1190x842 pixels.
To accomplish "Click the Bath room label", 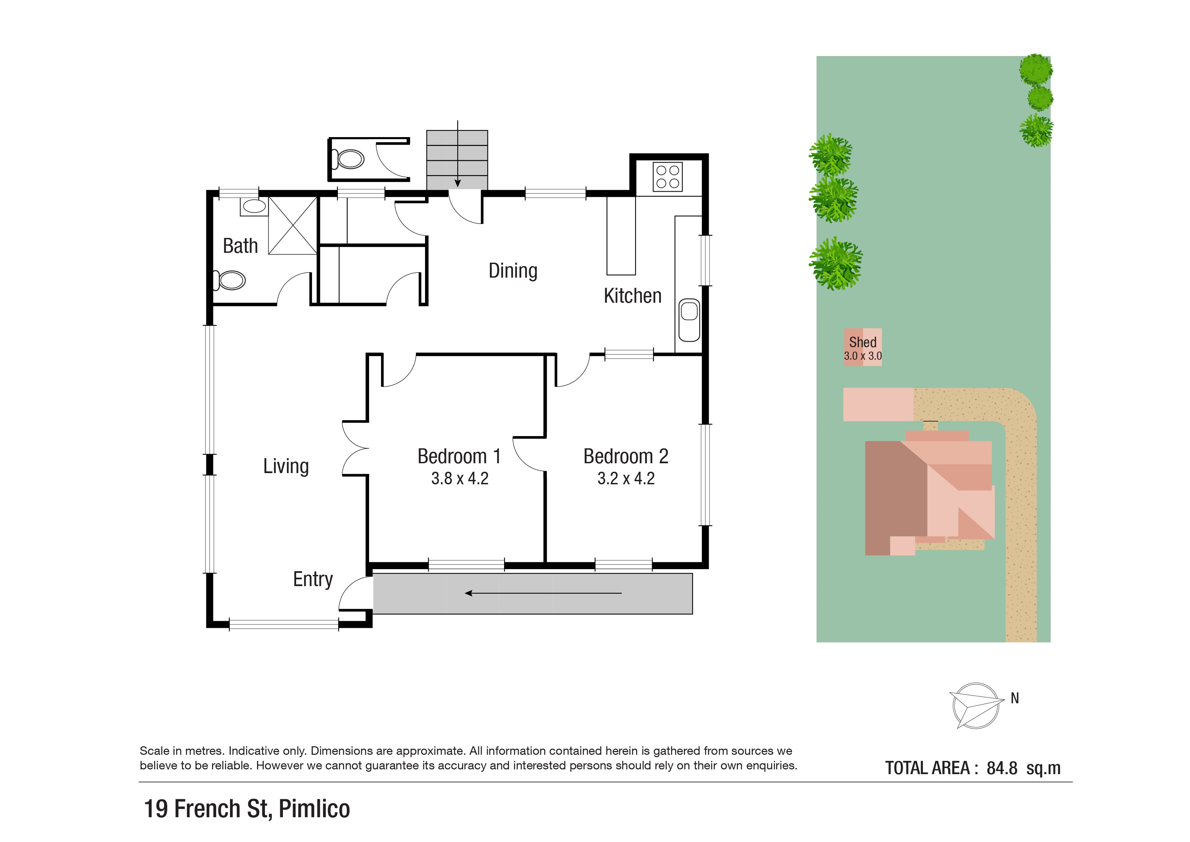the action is [x=241, y=246].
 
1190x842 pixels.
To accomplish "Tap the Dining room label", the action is [x=513, y=270].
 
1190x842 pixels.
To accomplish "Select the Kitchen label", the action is [x=633, y=296].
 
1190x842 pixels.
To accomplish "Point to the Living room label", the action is [x=286, y=466].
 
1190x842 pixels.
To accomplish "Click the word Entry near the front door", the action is [x=313, y=579].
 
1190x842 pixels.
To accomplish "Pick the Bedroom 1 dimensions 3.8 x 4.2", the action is [x=460, y=479].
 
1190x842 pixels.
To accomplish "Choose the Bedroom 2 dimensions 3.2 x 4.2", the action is [x=626, y=479].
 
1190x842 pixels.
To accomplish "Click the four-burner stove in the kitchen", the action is [x=668, y=177].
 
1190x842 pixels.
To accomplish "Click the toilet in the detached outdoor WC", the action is [x=347, y=159].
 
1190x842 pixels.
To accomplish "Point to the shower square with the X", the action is [x=292, y=226].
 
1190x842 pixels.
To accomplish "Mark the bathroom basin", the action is [x=253, y=207].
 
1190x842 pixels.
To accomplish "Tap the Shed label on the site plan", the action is [x=863, y=342].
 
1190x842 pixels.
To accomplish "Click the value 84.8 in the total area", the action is [x=1002, y=768].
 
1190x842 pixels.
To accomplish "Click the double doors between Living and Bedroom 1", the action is [x=356, y=448].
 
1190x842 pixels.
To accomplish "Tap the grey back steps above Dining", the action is [x=457, y=160].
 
